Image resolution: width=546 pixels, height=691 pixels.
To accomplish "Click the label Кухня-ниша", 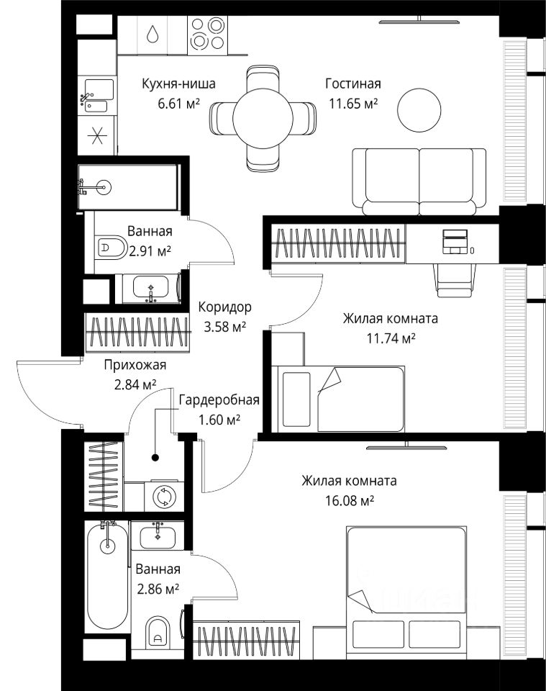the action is click(x=178, y=83).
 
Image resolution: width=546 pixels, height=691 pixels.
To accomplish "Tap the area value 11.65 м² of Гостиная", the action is click(x=353, y=104).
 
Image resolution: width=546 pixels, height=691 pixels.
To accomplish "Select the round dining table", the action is click(x=263, y=119).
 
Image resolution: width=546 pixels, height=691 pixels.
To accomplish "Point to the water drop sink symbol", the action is click(x=153, y=34).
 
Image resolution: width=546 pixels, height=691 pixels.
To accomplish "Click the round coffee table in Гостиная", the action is click(x=419, y=109).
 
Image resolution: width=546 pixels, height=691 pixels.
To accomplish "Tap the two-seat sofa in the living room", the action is click(x=419, y=181).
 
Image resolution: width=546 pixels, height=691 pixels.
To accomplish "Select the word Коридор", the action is click(x=224, y=307).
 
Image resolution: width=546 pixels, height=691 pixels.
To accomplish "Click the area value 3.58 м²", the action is click(x=224, y=327).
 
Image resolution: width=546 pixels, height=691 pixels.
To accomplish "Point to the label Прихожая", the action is click(x=135, y=365).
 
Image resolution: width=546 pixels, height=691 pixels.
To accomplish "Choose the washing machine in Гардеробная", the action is click(x=164, y=496).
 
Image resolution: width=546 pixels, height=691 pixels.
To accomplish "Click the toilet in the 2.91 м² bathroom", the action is click(x=111, y=247).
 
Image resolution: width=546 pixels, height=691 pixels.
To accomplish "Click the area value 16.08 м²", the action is click(x=349, y=501).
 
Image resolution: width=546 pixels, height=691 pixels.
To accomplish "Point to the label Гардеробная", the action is click(x=219, y=400).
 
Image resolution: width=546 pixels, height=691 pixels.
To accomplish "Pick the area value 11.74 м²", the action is click(x=391, y=338).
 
